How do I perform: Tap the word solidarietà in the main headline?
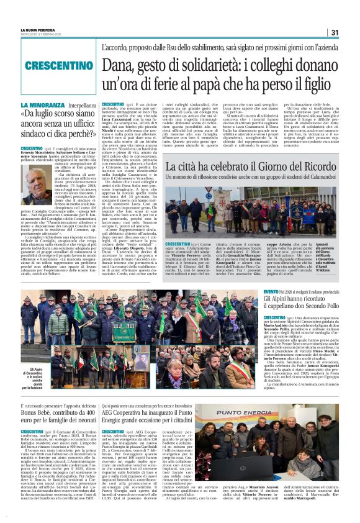(x=200, y=63)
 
